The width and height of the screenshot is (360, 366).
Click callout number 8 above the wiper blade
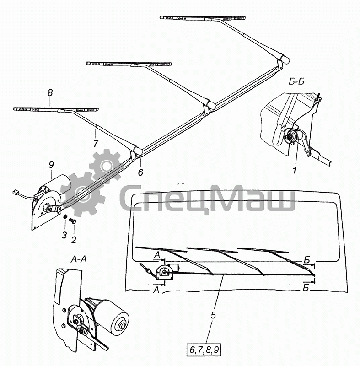[x=50, y=93]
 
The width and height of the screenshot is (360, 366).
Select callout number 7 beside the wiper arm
[x=96, y=144]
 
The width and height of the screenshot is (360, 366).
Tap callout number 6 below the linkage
[x=140, y=172]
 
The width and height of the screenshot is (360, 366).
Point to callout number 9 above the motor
[x=51, y=165]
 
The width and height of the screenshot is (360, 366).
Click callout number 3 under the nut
[x=64, y=235]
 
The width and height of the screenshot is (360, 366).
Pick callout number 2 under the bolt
[x=74, y=240]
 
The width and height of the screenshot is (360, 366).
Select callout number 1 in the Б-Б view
[x=295, y=170]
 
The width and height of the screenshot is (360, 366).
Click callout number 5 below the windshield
[x=213, y=315]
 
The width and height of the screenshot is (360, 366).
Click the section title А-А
[x=78, y=259]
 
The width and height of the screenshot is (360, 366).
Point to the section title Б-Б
[x=297, y=81]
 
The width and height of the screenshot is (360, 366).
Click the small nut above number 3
[x=65, y=216]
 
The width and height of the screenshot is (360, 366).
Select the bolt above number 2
[x=73, y=221]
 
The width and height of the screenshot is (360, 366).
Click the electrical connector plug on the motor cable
[x=15, y=192]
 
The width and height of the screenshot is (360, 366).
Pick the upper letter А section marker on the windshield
[x=157, y=255]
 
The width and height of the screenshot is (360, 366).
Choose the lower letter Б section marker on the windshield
[x=306, y=288]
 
